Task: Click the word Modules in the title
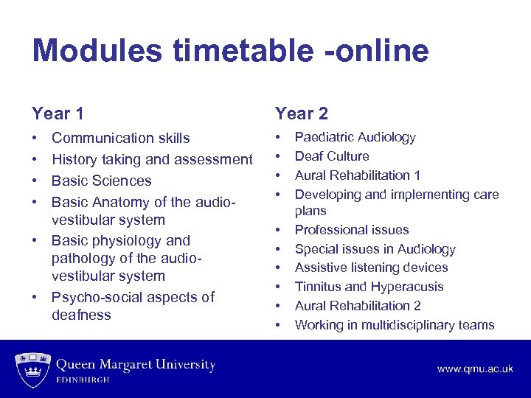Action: (96, 51)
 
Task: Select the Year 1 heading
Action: (58, 114)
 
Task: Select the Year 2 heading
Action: (301, 114)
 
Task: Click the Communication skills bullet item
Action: (120, 138)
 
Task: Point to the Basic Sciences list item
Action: (101, 181)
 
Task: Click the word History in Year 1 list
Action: (75, 159)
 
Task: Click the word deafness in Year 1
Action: (81, 315)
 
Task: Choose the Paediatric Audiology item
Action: (355, 137)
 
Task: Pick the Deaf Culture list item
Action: (332, 156)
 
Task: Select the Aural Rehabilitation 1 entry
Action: (357, 175)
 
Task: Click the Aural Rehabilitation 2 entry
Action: (358, 306)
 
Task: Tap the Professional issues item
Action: (351, 230)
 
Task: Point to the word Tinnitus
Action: (317, 287)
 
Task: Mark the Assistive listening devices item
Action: (371, 268)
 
